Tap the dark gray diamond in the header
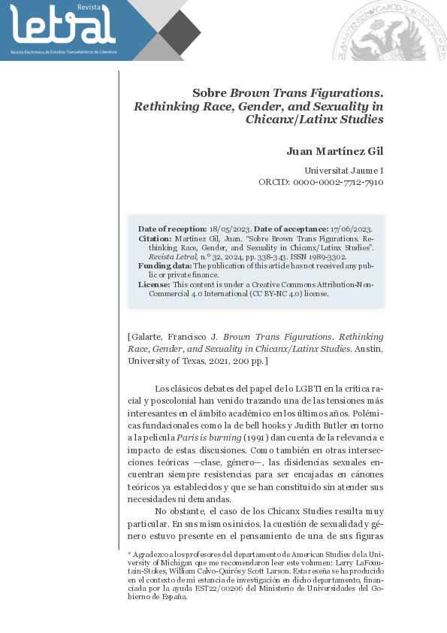[180, 32]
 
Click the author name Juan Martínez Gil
[335, 151]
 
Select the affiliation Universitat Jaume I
[344, 171]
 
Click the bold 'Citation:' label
[156, 238]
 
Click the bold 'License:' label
[154, 284]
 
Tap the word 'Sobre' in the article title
[210, 93]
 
